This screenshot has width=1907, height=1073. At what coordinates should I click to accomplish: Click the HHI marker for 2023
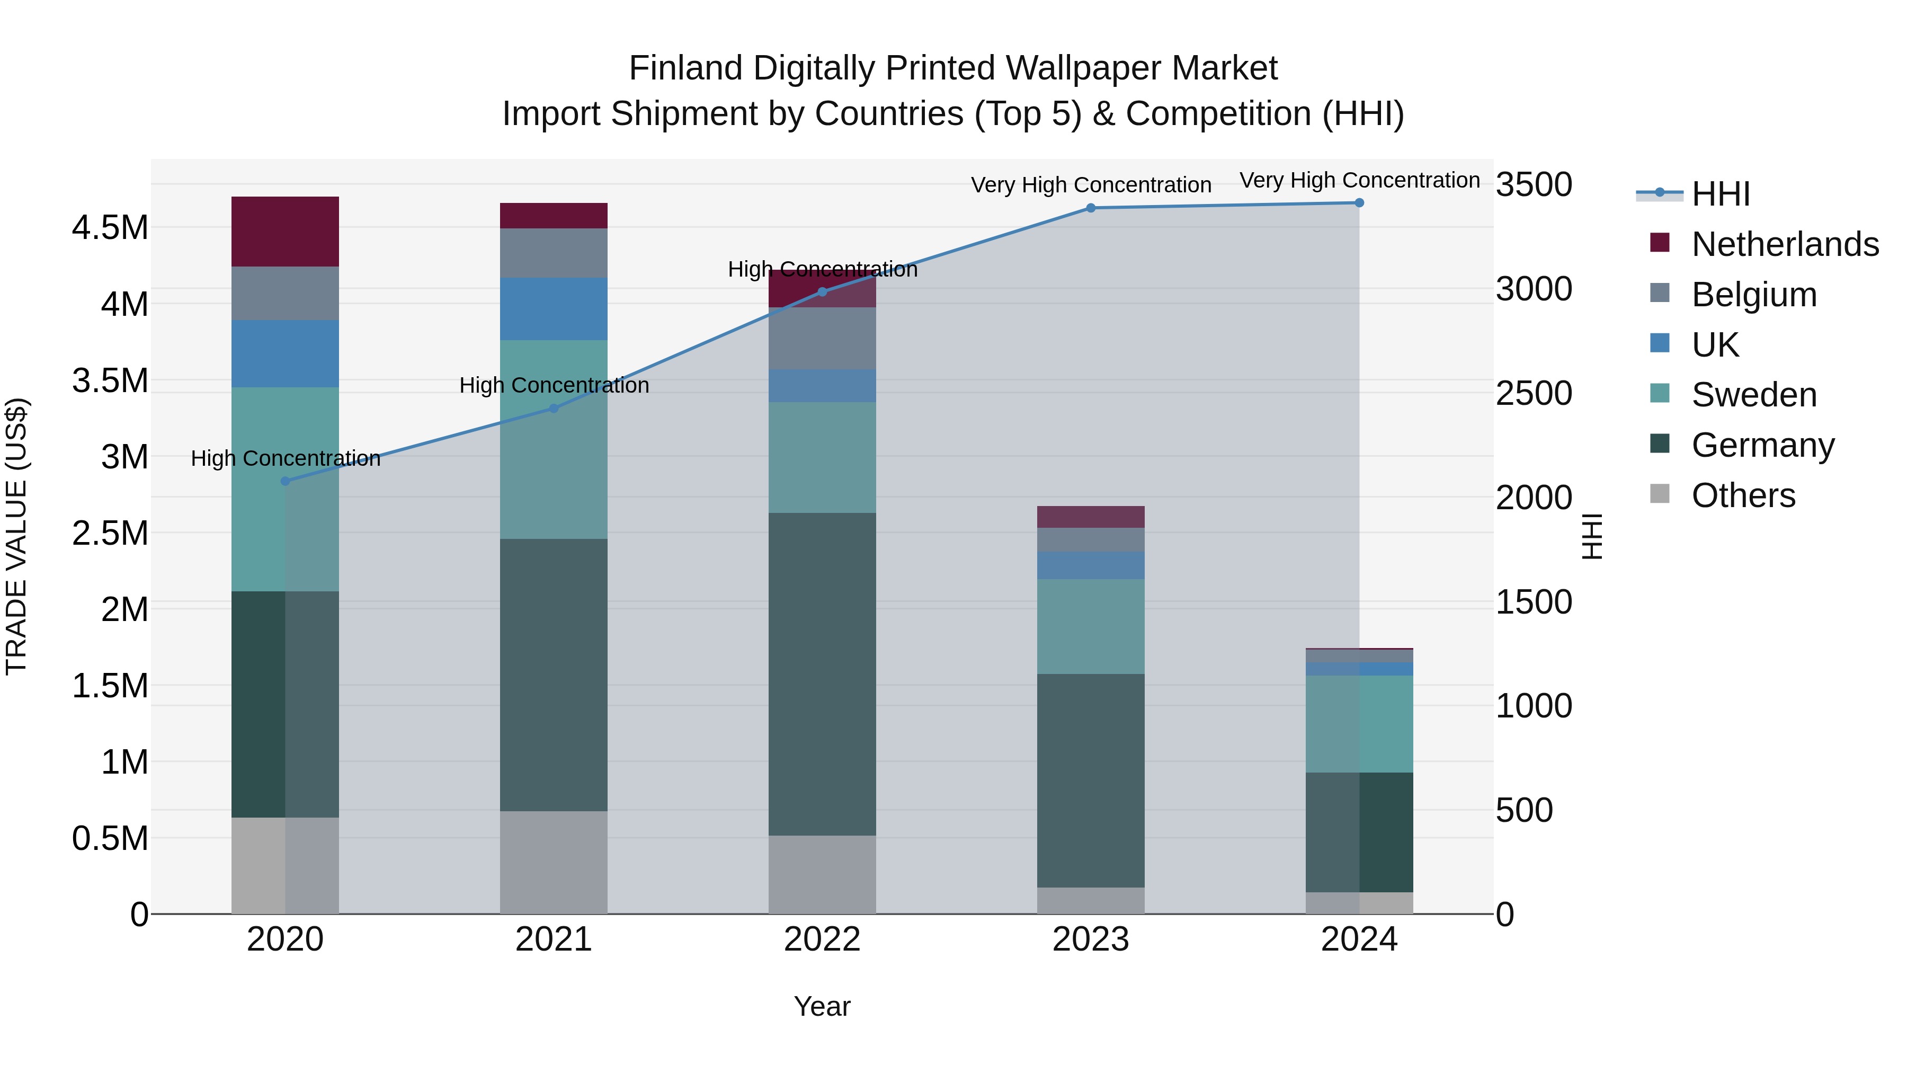[1091, 208]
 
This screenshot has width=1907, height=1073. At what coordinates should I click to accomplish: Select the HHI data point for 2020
[285, 481]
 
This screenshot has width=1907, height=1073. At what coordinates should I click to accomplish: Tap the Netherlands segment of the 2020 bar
[285, 231]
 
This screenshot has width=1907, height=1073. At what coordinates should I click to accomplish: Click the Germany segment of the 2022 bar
[822, 674]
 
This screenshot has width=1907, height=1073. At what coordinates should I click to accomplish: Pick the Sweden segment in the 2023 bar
[1091, 626]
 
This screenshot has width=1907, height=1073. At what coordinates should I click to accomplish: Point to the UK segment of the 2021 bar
[554, 309]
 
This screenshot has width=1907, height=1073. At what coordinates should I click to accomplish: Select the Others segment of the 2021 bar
[554, 862]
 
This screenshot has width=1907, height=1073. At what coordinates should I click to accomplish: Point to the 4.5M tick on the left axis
[110, 227]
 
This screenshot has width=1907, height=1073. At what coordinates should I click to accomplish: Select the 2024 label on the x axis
[1359, 939]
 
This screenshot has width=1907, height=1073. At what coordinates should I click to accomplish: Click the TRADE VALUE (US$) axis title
[16, 536]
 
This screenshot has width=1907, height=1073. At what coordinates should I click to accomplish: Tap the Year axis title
[822, 1006]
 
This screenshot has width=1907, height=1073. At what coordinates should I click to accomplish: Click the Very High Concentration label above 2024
[1359, 180]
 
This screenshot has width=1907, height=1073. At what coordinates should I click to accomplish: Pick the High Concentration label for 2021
[554, 385]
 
